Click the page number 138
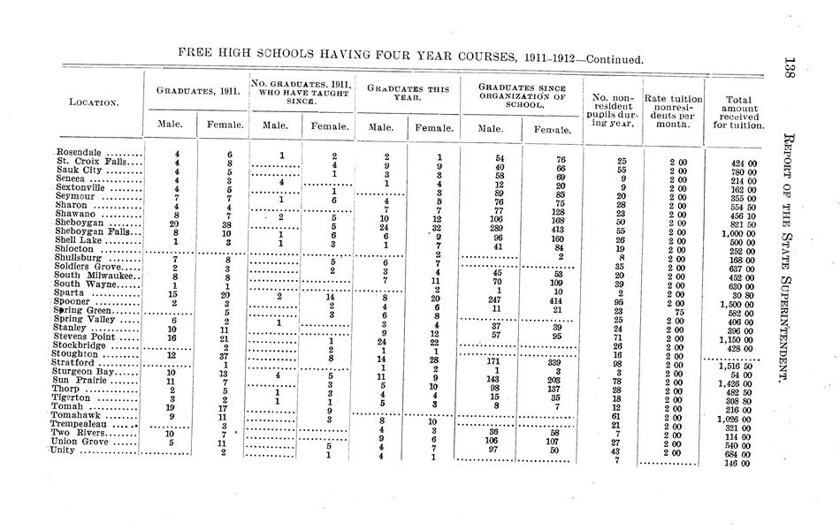(x=790, y=72)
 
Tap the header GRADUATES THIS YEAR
(x=408, y=93)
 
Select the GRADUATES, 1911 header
(x=196, y=91)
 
